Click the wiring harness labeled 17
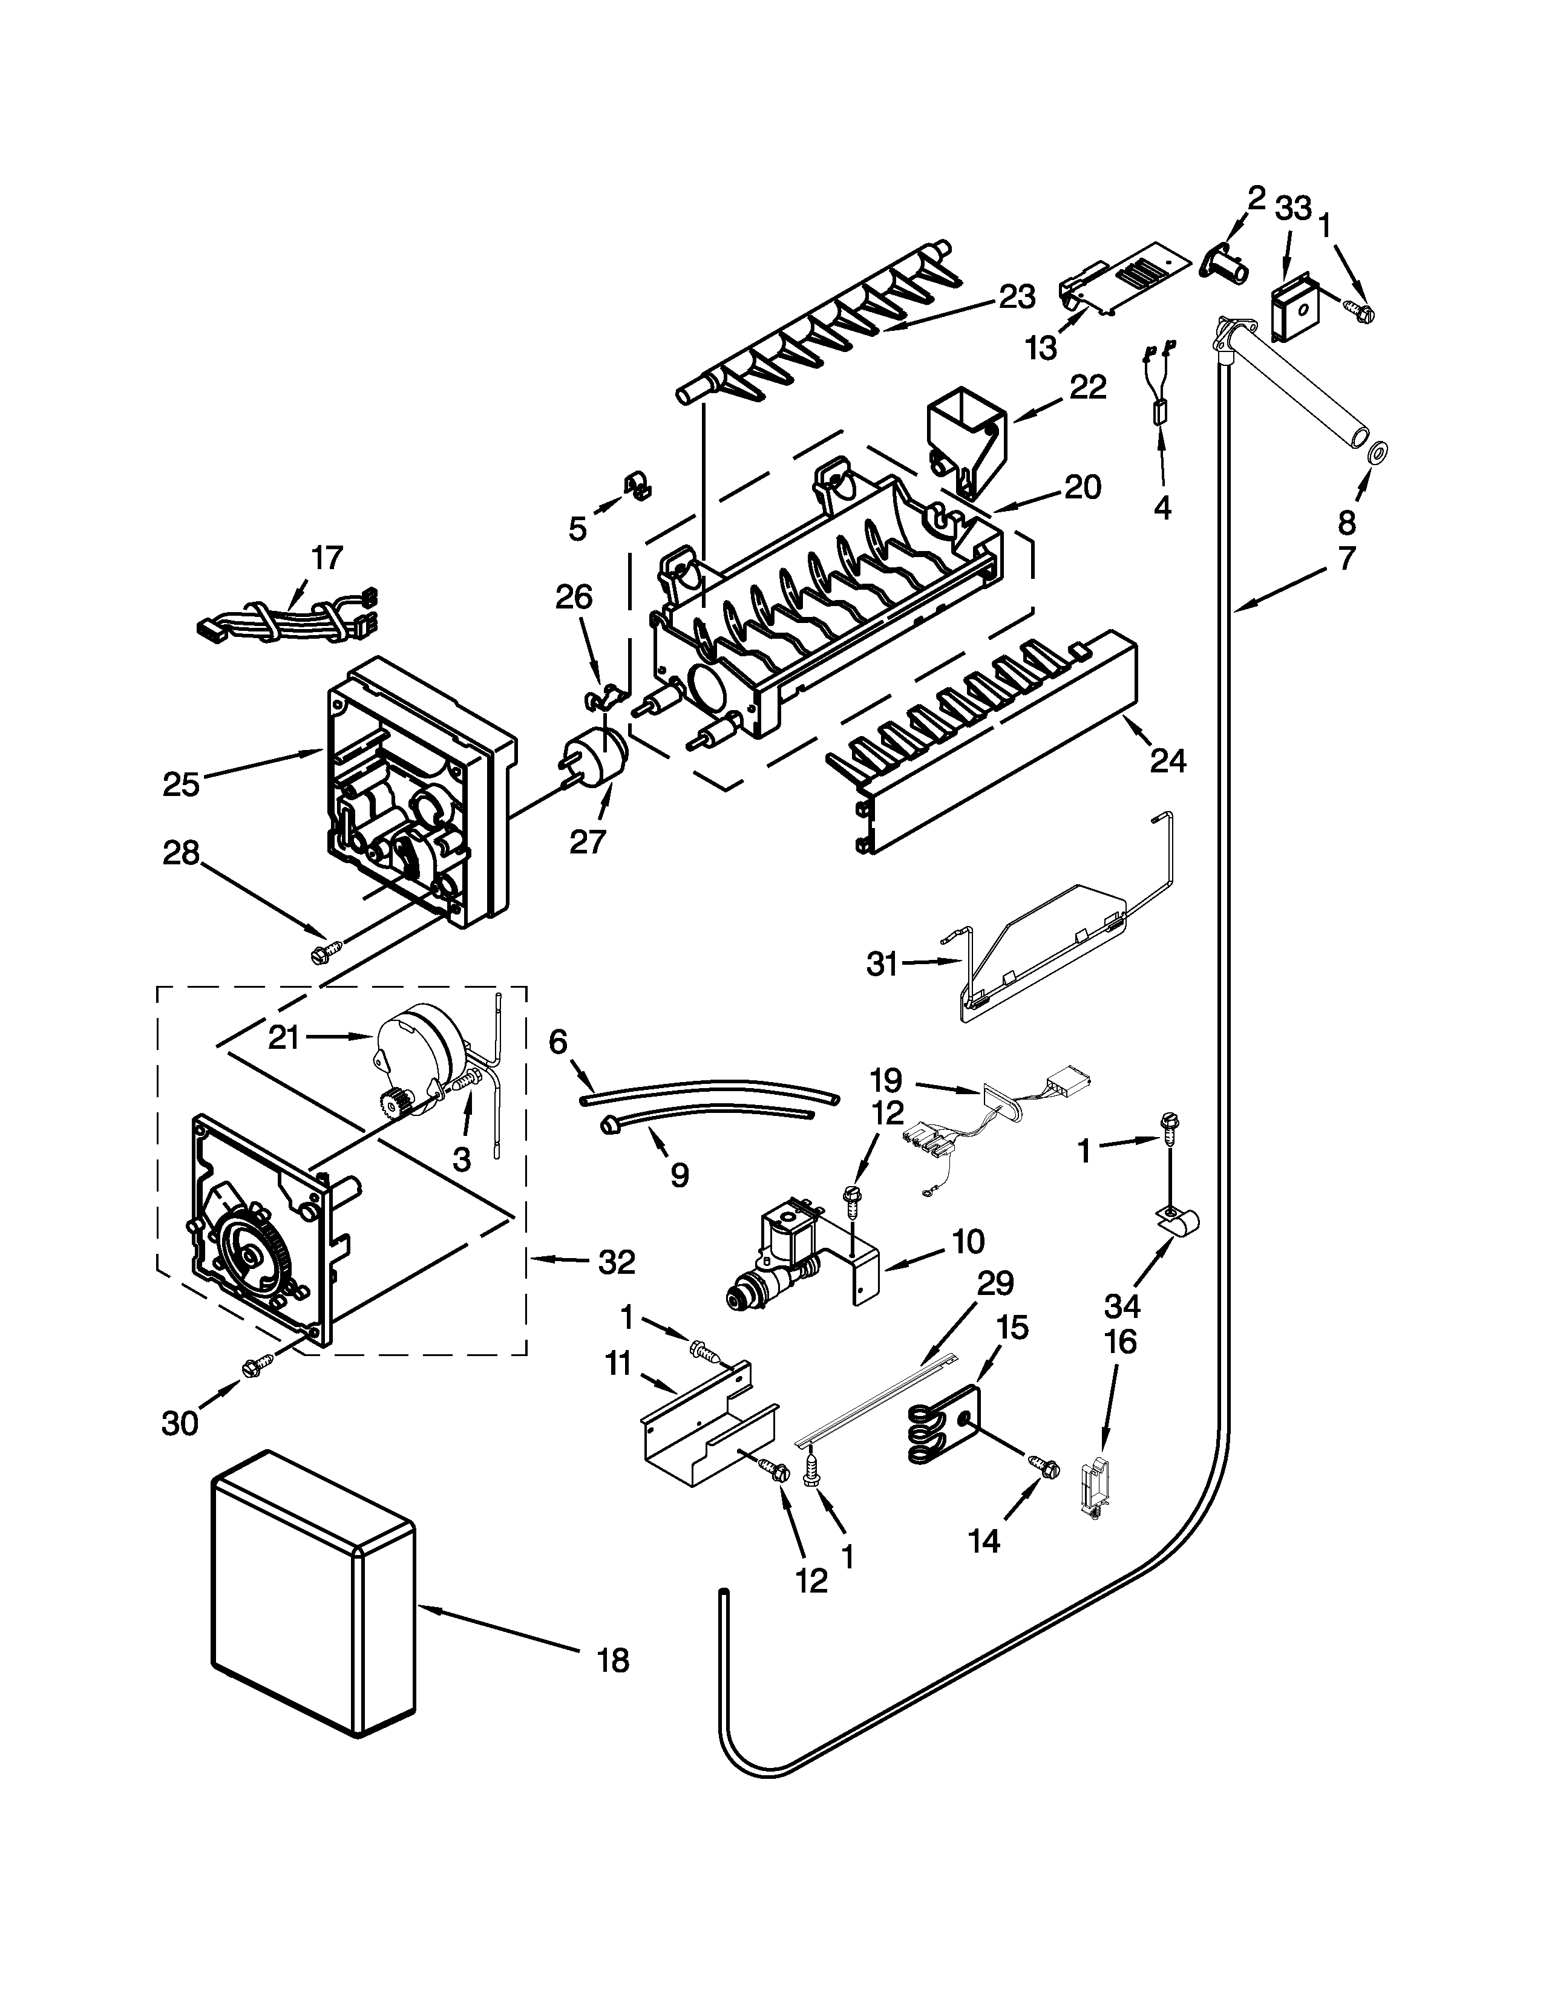click(x=283, y=610)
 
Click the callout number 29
click(x=995, y=1284)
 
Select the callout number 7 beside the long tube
click(x=1346, y=558)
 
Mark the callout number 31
click(x=882, y=964)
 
